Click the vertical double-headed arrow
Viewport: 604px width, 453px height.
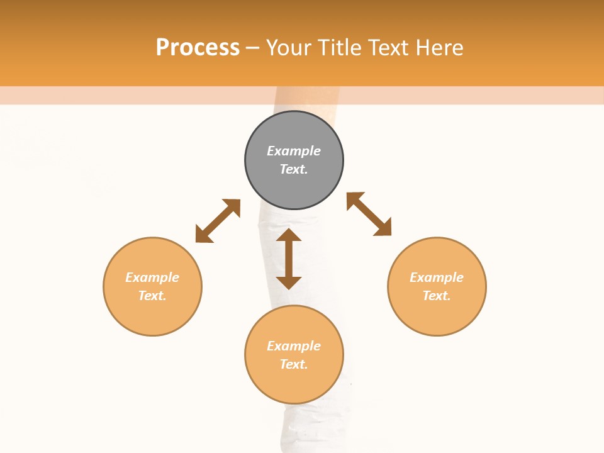tap(289, 259)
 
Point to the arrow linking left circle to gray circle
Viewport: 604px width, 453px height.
tap(218, 221)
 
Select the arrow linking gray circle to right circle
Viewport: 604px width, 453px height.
tap(369, 214)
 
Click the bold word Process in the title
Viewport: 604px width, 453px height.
tap(198, 48)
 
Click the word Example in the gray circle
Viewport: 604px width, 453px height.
tap(294, 151)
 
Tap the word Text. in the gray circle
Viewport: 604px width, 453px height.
tap(294, 169)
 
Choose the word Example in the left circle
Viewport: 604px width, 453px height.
tap(152, 277)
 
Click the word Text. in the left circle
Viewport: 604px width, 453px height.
tap(152, 296)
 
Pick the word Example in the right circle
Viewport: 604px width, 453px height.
tap(437, 277)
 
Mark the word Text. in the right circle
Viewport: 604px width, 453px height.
tap(437, 296)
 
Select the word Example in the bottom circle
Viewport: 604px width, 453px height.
tap(294, 346)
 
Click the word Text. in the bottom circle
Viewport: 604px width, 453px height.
tap(294, 364)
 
